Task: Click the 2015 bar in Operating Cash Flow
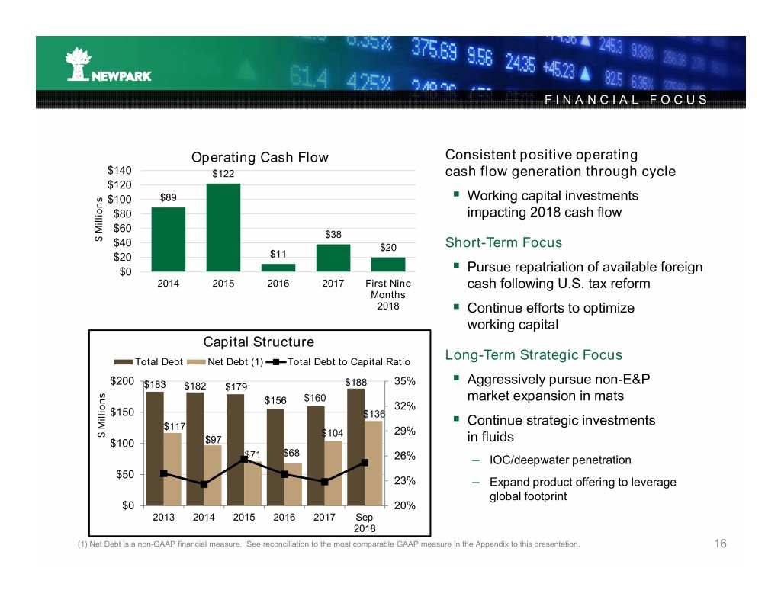click(223, 227)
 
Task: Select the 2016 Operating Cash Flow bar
click(278, 268)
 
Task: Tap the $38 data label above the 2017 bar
click(333, 234)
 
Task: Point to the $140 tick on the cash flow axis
click(119, 170)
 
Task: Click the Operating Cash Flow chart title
click(259, 158)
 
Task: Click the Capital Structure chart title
click(260, 342)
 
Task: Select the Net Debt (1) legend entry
click(230, 361)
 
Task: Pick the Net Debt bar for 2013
click(172, 469)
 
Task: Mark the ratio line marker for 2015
click(244, 458)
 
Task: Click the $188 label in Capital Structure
click(356, 382)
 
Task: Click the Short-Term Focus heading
click(503, 242)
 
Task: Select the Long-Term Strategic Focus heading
click(533, 354)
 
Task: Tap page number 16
click(720, 544)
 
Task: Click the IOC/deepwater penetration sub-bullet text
click(560, 460)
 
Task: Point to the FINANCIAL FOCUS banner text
click(625, 100)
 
